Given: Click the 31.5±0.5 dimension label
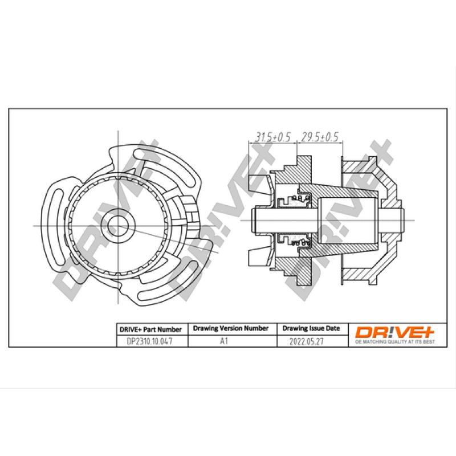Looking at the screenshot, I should [x=272, y=137].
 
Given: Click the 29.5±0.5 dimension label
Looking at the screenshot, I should [x=320, y=137].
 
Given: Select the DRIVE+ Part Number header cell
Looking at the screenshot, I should [x=150, y=329].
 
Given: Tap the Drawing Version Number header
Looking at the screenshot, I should [x=231, y=329].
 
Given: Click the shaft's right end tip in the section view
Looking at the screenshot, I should [x=403, y=216].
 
